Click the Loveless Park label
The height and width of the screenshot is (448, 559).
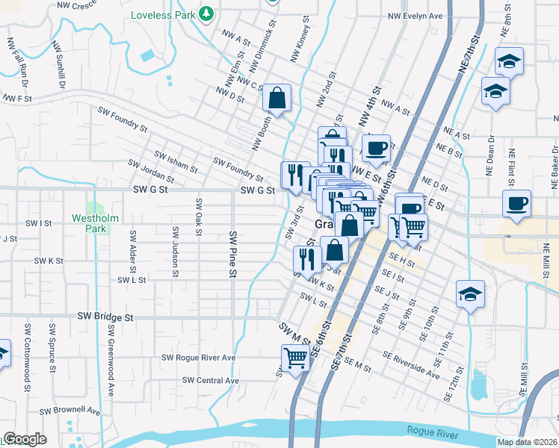pos(164,15)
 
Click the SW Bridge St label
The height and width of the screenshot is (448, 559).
pos(105,317)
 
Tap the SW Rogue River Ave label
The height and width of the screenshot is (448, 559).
pos(198,358)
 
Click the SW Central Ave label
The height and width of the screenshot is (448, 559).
pos(211,381)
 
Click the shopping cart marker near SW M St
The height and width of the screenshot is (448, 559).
pos(296,358)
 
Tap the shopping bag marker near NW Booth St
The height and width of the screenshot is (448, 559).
pos(277,97)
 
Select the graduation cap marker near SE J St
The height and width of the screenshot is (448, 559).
pos(470,294)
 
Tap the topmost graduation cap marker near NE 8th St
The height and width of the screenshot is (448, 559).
pos(510,60)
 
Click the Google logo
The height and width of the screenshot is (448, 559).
pos(24,439)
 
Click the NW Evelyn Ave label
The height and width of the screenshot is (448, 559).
pos(416,16)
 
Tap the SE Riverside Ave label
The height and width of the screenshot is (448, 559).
pos(410,362)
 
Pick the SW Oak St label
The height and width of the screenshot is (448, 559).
pos(199,215)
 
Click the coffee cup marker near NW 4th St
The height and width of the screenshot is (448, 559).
pos(376,147)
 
